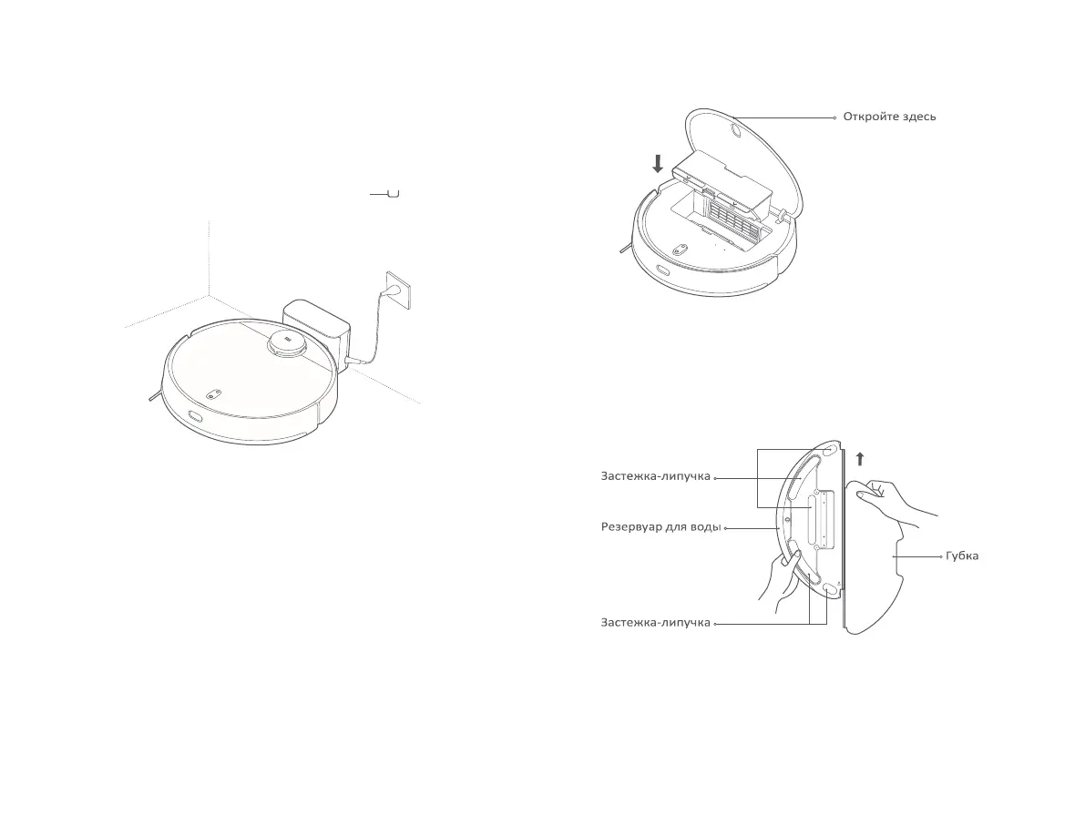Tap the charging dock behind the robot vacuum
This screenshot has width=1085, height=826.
316,328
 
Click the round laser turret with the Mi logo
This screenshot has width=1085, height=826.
289,343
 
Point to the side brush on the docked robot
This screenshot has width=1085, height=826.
151,394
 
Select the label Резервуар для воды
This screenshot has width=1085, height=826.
660,527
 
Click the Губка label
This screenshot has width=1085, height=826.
962,556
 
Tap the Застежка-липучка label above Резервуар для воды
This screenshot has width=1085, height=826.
655,476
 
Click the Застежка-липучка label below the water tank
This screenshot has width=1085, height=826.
655,623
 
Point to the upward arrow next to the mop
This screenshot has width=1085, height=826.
859,458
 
